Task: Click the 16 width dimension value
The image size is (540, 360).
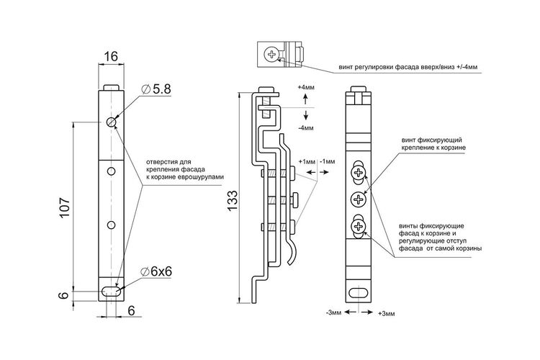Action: pyautogui.click(x=111, y=56)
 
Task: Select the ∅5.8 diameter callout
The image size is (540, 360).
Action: pyautogui.click(x=156, y=89)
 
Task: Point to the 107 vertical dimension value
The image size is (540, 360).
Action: pyautogui.click(x=64, y=207)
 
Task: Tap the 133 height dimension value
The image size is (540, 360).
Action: pyautogui.click(x=232, y=200)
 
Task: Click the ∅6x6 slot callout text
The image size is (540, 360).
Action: pyautogui.click(x=156, y=272)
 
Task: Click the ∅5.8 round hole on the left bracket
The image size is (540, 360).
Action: pyautogui.click(x=111, y=122)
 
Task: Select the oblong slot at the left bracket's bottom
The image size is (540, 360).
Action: pyautogui.click(x=111, y=292)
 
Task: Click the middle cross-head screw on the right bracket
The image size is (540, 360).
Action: pyautogui.click(x=359, y=199)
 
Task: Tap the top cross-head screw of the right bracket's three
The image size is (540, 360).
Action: pyautogui.click(x=359, y=172)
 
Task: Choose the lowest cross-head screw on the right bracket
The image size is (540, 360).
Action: pyautogui.click(x=359, y=226)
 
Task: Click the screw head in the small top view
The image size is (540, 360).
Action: pyautogui.click(x=271, y=55)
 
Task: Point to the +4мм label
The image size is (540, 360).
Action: pyautogui.click(x=306, y=88)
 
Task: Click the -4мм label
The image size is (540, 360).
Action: pyautogui.click(x=306, y=128)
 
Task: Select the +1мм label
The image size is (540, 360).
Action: pyautogui.click(x=307, y=161)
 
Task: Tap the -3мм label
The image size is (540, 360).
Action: pyautogui.click(x=333, y=312)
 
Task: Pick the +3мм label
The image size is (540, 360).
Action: pyautogui.click(x=387, y=313)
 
